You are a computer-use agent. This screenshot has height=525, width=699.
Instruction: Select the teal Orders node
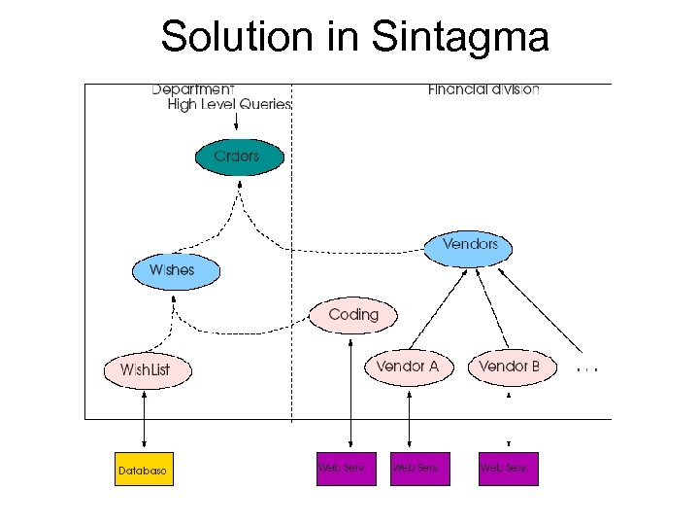[240, 157]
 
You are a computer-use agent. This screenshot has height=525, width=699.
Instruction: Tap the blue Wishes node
[176, 270]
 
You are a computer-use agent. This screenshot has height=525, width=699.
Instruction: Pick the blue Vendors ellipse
[468, 245]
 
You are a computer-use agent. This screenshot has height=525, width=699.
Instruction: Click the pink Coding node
[353, 315]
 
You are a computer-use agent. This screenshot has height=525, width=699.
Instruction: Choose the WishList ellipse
[149, 370]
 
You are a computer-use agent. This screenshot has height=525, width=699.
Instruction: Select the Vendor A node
[408, 367]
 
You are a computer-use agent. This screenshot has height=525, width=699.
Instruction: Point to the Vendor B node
[510, 367]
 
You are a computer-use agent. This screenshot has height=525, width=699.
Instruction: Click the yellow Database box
[143, 470]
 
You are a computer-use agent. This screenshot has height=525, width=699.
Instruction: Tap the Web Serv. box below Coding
[345, 469]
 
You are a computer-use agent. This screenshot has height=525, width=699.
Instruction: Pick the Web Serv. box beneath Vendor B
[508, 469]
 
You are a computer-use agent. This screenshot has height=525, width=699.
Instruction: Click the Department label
[193, 89]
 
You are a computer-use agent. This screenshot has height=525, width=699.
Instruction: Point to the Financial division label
[483, 89]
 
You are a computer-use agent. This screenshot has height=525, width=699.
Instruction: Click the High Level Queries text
[229, 105]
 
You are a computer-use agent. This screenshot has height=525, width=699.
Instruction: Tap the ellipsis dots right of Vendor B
[587, 370]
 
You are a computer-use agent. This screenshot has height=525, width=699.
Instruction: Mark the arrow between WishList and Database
[145, 419]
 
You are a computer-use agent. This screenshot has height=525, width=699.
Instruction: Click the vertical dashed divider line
[292, 292]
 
